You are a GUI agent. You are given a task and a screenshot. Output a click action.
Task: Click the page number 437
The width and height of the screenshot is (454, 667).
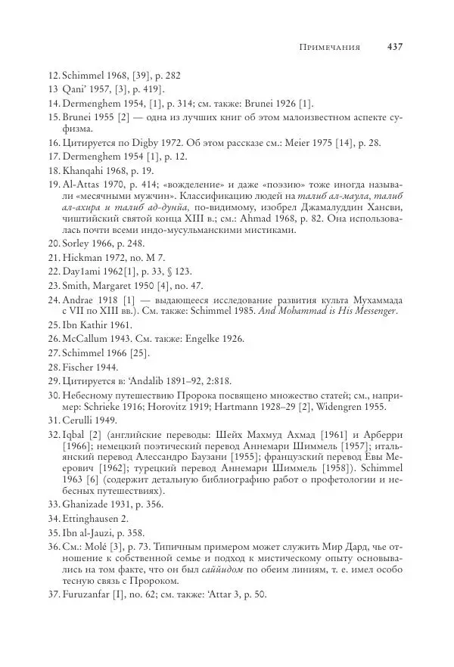pyautogui.click(x=393, y=47)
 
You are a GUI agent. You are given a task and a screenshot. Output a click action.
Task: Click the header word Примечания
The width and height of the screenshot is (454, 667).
pyautogui.click(x=331, y=47)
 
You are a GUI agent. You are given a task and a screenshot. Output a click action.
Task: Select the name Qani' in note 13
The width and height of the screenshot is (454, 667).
pyautogui.click(x=75, y=89)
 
